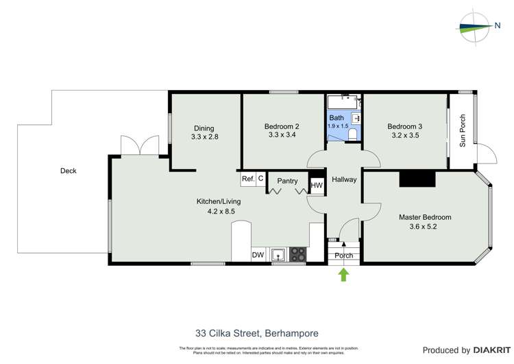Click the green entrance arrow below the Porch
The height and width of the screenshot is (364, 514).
click(x=344, y=275)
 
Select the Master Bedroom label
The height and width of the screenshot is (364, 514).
click(x=425, y=217)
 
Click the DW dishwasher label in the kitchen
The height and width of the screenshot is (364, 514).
click(x=258, y=255)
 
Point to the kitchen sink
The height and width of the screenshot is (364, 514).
click(x=278, y=255)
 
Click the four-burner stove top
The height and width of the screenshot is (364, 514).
click(x=298, y=254)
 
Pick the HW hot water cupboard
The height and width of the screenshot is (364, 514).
click(x=316, y=185)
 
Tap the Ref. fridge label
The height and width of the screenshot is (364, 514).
click(x=248, y=179)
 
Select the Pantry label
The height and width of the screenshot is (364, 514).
click(x=287, y=181)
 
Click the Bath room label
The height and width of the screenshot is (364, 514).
click(x=336, y=118)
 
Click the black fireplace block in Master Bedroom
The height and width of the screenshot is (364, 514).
click(x=417, y=179)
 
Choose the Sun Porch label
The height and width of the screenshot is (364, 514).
click(x=463, y=130)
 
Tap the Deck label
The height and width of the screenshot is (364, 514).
click(x=68, y=171)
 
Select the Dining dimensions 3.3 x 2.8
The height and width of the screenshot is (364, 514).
click(x=204, y=137)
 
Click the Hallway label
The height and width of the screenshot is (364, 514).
click(x=344, y=180)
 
